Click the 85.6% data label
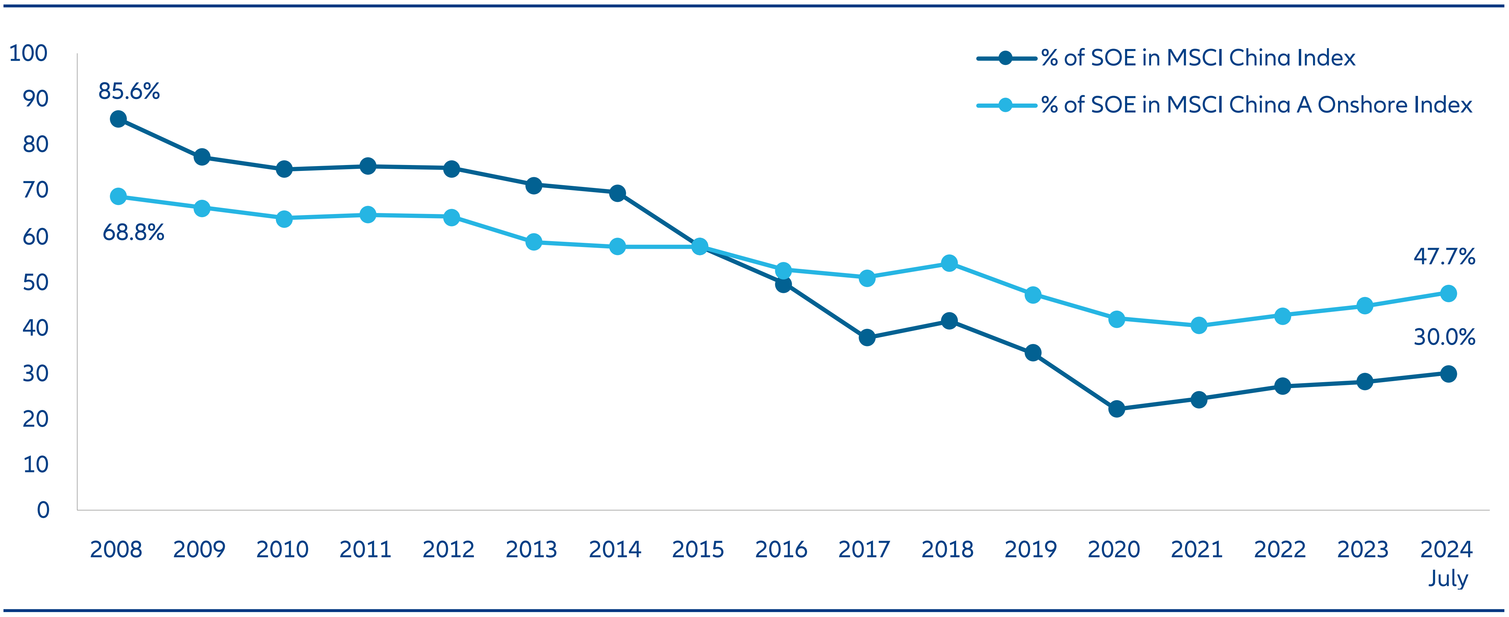[x=129, y=91]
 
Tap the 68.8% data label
[x=133, y=233]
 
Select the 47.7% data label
[x=1444, y=257]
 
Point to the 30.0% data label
[x=1444, y=337]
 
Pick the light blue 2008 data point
[x=118, y=196]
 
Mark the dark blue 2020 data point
[x=1116, y=409]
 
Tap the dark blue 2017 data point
[x=867, y=337]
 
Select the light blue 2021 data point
[x=1199, y=325]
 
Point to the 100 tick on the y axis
[x=28, y=53]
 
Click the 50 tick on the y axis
[x=35, y=282]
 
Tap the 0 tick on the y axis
[x=43, y=510]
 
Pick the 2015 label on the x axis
[x=698, y=550]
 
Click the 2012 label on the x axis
[x=448, y=550]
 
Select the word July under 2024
[x=1448, y=578]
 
